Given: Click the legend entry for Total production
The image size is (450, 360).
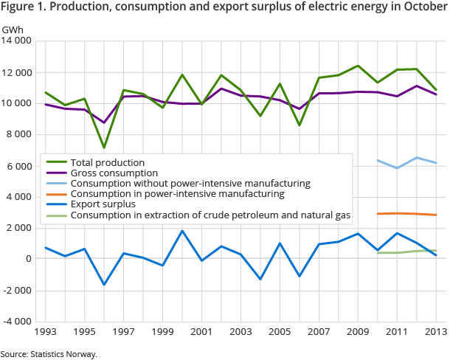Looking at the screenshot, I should (107, 162).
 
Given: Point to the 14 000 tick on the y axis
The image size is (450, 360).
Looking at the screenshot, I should (18, 41).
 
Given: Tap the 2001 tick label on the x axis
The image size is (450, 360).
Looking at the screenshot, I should (201, 333).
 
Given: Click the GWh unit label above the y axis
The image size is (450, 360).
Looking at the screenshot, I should (12, 29).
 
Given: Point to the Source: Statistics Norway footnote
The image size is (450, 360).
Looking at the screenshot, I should (49, 354).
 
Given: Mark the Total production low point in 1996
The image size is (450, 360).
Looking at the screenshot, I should (104, 147).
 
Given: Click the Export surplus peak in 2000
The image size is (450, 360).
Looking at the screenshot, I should (182, 231).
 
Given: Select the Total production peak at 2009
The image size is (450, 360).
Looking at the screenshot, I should (358, 66).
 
